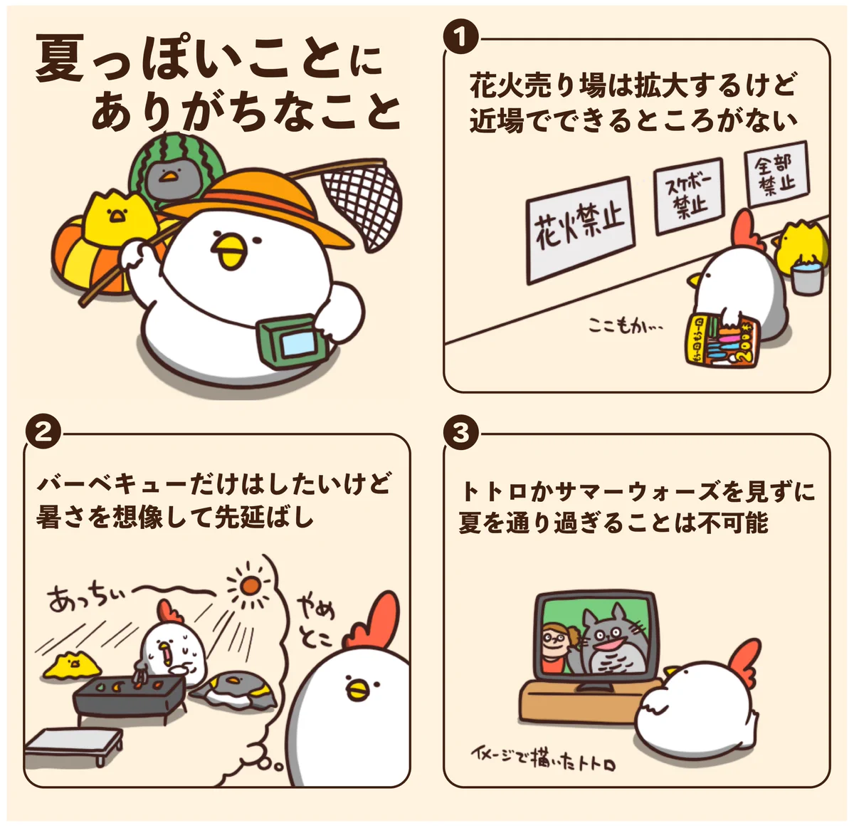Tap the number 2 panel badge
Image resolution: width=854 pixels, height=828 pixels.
(x=43, y=433)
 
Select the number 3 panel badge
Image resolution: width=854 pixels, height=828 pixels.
(x=460, y=433)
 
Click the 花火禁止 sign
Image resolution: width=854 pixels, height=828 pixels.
(x=580, y=230)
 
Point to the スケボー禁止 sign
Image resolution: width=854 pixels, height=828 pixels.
(x=687, y=196)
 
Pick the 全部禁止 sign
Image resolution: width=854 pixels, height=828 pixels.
(x=776, y=174)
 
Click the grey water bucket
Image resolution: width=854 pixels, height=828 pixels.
(x=806, y=278)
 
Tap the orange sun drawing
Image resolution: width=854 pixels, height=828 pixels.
(x=250, y=585)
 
